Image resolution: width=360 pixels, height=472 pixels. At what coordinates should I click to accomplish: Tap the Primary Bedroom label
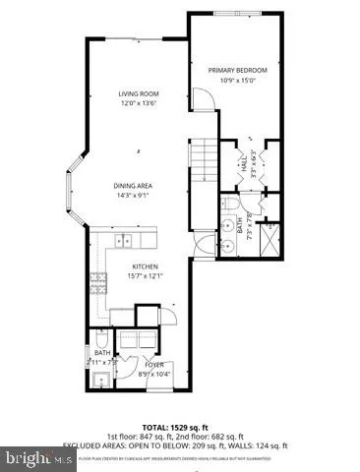tap(238, 71)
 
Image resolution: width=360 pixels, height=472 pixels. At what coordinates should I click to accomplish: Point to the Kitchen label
tap(146, 267)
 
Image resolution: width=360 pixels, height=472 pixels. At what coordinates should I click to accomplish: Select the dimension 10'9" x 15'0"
tap(238, 81)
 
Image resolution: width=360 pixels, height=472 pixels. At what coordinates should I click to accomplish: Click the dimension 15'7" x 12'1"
tap(146, 277)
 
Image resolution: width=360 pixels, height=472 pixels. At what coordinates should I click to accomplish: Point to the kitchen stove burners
tap(99, 287)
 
